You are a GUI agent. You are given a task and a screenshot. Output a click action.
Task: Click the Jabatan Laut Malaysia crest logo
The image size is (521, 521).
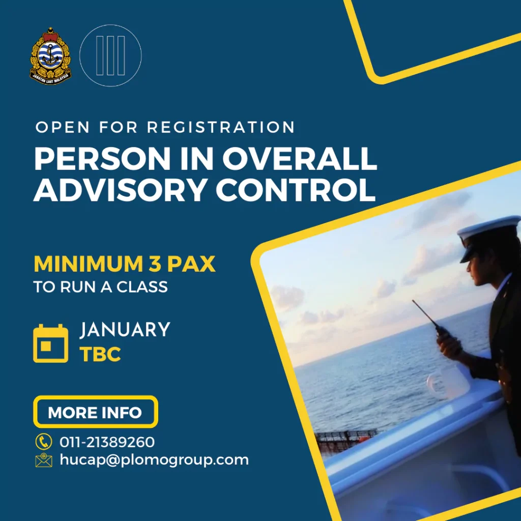50,55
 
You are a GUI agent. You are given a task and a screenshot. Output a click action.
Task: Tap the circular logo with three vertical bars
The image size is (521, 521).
110,55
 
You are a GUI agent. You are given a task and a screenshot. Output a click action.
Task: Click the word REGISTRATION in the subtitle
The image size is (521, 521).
221,127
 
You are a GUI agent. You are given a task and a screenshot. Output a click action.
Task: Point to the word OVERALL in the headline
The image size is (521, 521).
300,158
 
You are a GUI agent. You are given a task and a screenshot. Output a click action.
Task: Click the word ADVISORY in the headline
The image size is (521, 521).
120,189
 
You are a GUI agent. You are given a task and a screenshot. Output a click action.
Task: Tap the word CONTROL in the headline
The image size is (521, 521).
296,189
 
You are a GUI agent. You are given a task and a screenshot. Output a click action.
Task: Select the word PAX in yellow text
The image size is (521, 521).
191,264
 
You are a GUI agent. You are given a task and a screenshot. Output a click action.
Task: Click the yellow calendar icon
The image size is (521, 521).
50,343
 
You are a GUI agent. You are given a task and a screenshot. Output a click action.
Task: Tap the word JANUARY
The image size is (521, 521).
125,329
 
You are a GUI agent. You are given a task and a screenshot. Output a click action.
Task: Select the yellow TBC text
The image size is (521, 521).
100,354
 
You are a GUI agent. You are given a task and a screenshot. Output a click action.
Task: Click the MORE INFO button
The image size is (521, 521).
95,412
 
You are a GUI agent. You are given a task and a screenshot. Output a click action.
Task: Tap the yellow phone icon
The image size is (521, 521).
44,442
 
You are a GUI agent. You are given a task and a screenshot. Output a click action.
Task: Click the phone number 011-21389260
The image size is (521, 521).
107,442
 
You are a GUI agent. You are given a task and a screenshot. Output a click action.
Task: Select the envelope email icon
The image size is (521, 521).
44,460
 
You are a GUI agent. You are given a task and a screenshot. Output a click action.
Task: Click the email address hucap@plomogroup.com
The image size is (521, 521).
154,460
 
